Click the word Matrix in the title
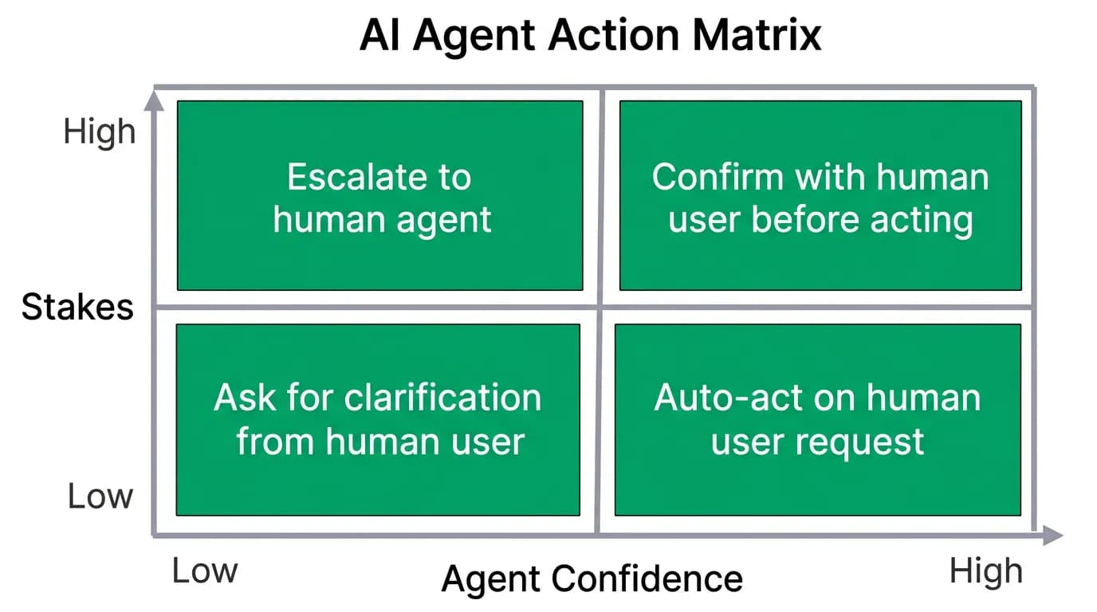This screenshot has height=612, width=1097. (x=757, y=35)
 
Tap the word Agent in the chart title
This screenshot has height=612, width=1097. (x=474, y=37)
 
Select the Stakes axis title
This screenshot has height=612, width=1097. (x=77, y=307)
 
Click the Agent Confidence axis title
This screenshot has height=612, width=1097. (x=592, y=580)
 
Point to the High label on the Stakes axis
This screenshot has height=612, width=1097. (x=100, y=131)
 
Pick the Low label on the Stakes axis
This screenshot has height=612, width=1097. (x=100, y=496)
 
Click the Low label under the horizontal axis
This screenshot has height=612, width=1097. (x=205, y=571)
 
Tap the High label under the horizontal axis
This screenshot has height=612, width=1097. (x=986, y=572)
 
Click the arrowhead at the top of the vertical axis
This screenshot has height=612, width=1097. (x=154, y=100)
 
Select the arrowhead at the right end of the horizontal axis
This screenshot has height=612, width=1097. (x=1053, y=535)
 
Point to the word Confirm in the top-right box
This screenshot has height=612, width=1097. (x=718, y=177)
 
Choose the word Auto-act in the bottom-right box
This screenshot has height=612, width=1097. (x=729, y=398)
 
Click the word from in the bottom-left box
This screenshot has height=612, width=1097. (x=275, y=441)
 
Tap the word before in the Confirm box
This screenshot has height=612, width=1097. (x=805, y=219)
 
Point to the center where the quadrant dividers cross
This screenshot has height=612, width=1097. (x=600, y=307)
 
